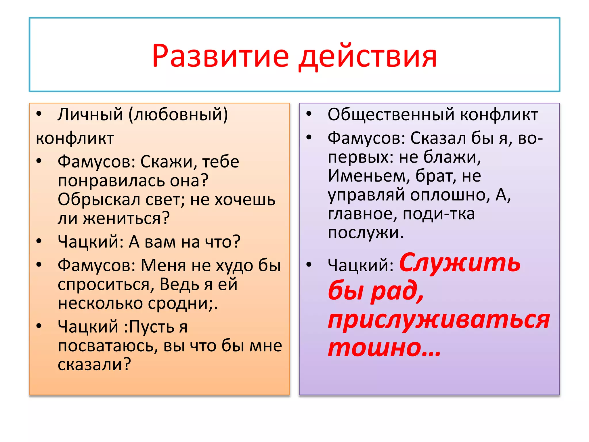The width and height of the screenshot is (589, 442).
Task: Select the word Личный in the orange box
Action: (90, 115)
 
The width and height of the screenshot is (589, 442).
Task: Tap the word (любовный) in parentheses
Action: (178, 115)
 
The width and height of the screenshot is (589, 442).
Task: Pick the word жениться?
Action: (127, 218)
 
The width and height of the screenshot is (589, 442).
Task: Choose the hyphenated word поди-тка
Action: (438, 214)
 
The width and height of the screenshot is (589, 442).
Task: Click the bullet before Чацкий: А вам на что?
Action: (39, 241)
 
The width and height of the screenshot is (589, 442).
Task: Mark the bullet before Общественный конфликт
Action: (309, 114)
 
